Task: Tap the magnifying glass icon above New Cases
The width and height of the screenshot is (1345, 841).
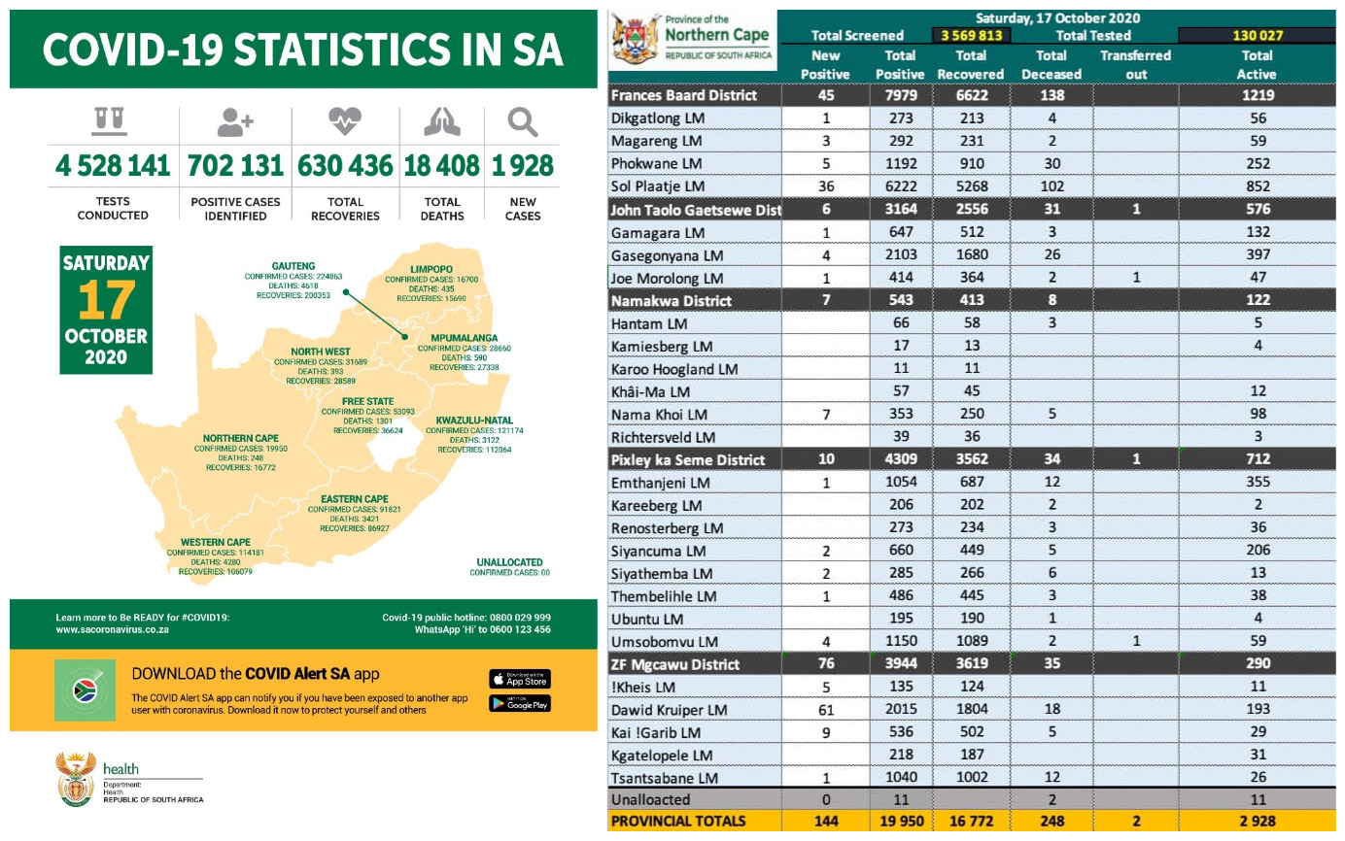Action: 523,123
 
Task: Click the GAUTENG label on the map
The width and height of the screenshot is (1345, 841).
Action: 293,265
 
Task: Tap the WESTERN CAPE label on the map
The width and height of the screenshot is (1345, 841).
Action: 215,542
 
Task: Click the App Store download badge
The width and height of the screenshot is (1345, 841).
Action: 519,679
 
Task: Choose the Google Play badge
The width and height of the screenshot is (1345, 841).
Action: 519,703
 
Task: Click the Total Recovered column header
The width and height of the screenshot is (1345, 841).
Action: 971,65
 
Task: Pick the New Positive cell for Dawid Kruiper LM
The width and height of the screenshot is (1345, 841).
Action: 825,710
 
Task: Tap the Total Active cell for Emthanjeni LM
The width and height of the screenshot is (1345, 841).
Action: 1258,484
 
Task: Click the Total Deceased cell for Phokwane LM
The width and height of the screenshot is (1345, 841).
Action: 1052,163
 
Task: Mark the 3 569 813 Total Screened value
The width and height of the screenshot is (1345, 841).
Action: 971,36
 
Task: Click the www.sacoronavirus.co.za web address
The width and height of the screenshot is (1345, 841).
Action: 113,629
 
